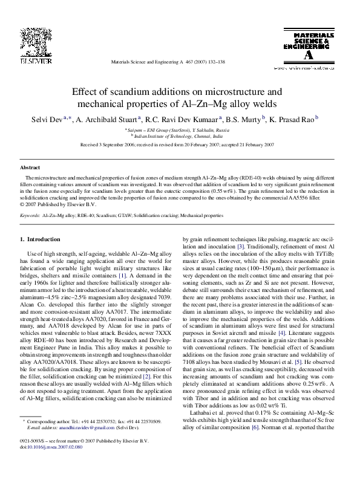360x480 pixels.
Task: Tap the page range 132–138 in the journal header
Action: [215, 62]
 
